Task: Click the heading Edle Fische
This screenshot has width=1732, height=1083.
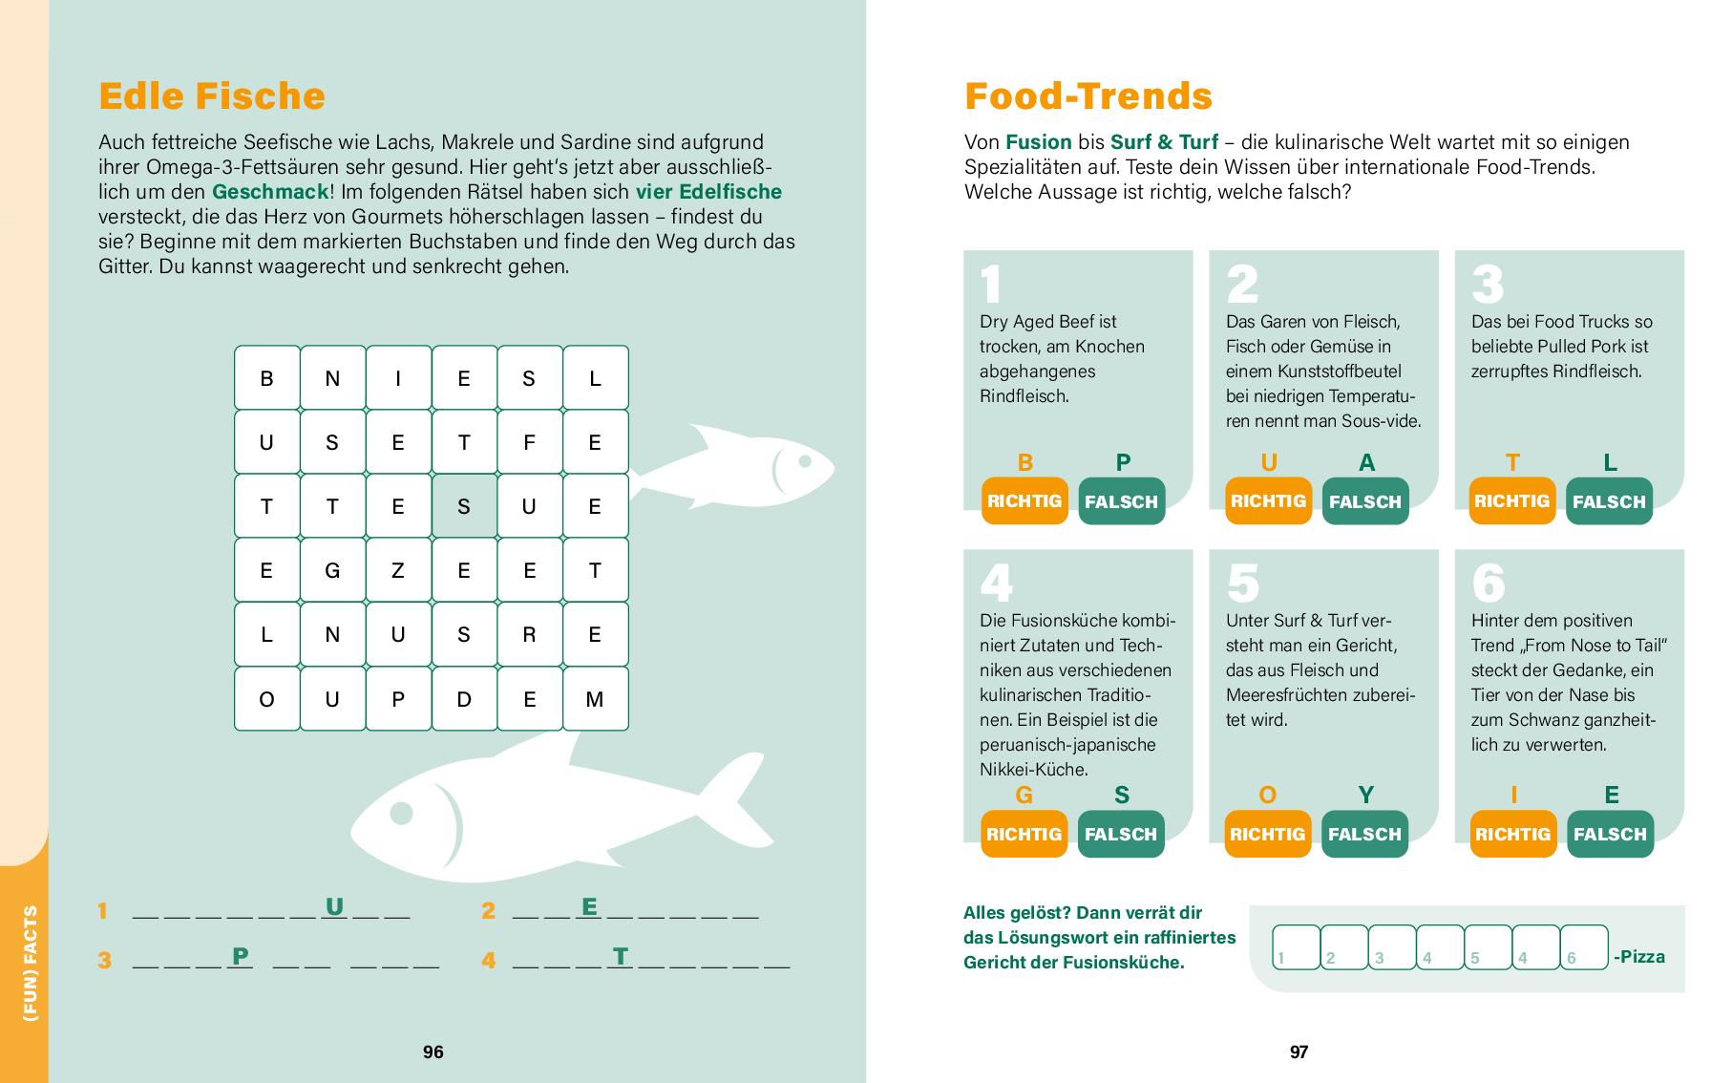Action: click(212, 96)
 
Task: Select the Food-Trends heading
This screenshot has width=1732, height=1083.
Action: click(1088, 96)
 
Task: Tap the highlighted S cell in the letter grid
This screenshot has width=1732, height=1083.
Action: click(464, 506)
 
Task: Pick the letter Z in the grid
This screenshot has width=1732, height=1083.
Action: click(398, 571)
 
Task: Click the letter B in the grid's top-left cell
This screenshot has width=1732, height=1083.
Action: click(266, 378)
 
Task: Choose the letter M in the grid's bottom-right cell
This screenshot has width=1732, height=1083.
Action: click(595, 699)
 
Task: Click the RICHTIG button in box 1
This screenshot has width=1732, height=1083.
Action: click(1024, 500)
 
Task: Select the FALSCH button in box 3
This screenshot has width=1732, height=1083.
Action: click(1609, 501)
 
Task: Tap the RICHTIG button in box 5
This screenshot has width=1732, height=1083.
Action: click(1267, 834)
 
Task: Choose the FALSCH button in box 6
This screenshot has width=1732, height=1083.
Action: click(1610, 834)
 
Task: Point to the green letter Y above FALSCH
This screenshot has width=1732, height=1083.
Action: click(1366, 796)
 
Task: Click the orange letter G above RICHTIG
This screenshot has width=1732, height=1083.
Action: click(1024, 796)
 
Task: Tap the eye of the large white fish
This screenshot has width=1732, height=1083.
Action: click(401, 814)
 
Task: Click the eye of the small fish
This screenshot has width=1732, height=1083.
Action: click(804, 462)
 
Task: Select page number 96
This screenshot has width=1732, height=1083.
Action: click(433, 1051)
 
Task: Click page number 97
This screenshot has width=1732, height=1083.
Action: click(1299, 1051)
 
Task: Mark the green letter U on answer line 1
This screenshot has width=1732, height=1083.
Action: click(334, 906)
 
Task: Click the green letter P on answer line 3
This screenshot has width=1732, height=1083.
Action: click(241, 955)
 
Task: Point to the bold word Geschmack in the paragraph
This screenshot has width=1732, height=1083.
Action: click(270, 192)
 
